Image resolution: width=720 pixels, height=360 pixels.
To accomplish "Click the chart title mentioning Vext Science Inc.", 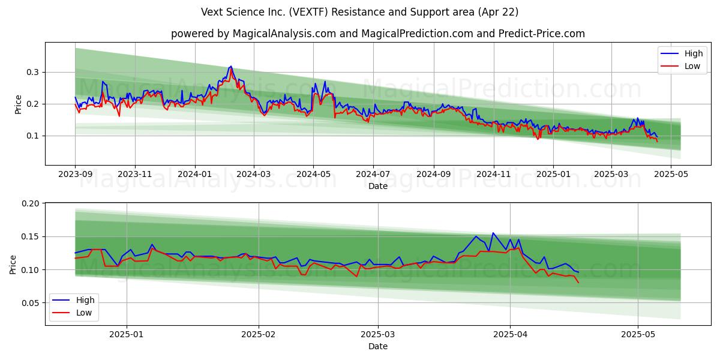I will coord(360,12).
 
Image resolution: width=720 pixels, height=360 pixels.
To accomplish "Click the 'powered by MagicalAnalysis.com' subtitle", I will coord(378,34).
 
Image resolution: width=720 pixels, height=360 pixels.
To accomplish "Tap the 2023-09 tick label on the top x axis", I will coord(75,174).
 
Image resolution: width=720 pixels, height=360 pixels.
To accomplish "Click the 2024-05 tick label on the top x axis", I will coord(313,174).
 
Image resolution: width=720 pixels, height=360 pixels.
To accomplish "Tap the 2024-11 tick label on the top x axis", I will coord(494,174).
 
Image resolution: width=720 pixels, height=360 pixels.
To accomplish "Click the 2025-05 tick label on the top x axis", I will coord(670,174).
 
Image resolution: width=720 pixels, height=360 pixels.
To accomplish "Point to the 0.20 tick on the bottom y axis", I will coord(29,204).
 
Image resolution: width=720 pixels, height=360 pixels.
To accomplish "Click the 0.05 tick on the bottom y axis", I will coord(29,303).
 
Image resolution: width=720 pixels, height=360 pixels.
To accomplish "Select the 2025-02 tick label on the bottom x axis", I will coord(259,334).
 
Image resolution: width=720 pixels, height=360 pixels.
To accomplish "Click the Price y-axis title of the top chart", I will coord(18,104).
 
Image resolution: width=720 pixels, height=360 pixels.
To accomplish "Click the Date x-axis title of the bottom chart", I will coord(378,346).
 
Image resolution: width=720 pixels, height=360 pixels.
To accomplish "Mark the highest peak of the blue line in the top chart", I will coord(231,66).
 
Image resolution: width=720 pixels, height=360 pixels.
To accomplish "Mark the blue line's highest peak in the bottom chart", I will coord(493,233).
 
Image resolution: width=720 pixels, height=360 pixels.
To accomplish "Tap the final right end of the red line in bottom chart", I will coord(578,282).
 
